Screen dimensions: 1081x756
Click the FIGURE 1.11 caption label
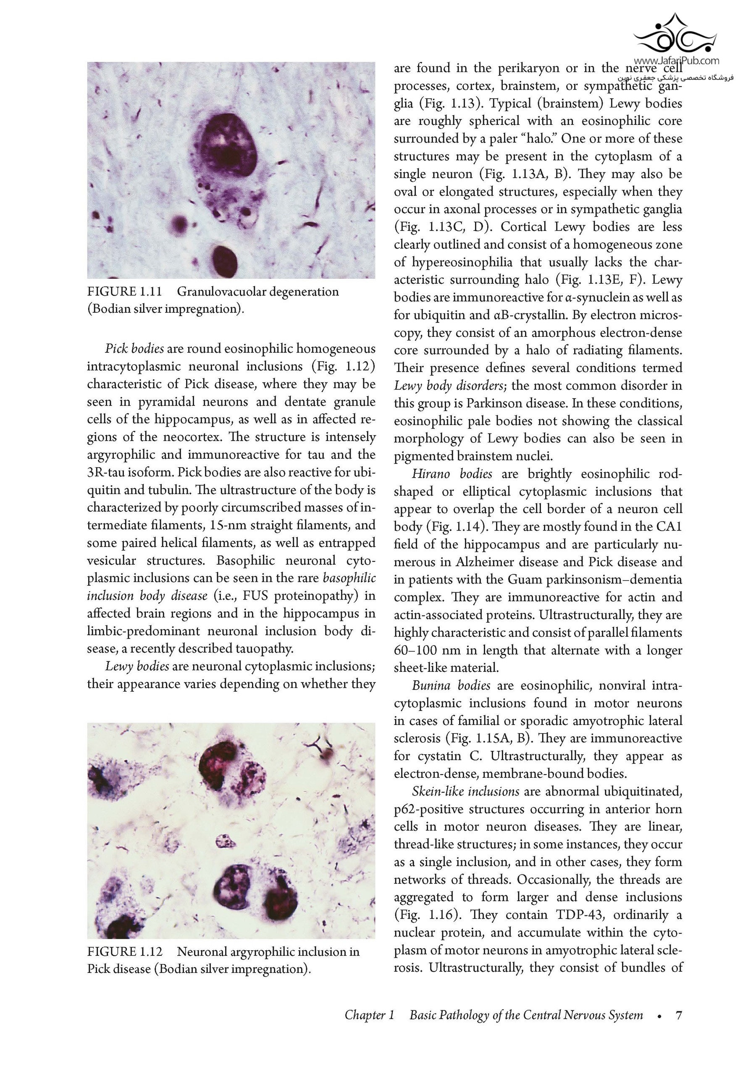coord(124,292)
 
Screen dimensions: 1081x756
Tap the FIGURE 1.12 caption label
coord(125,951)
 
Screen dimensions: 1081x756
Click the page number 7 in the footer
coord(678,1015)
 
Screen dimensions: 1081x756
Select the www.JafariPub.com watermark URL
coord(676,61)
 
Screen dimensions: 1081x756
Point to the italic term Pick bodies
coord(134,349)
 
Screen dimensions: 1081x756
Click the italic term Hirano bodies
coord(451,473)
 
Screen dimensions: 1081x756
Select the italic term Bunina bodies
coord(451,685)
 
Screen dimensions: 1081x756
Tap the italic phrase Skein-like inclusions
coord(465,791)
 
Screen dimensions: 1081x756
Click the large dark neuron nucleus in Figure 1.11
coord(225,145)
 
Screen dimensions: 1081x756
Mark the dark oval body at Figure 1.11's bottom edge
coord(224,259)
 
